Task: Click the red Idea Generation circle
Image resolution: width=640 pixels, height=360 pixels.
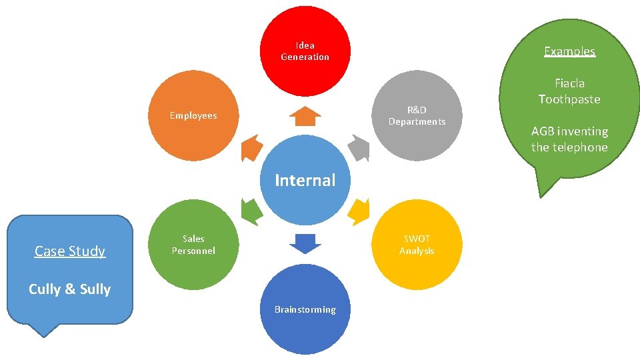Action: (305, 51)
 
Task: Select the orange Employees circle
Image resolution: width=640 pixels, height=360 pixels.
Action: (193, 115)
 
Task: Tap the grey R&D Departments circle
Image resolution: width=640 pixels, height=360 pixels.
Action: (417, 115)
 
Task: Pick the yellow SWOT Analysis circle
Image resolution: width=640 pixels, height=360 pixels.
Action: (417, 245)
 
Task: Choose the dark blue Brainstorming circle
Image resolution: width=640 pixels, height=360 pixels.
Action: (305, 309)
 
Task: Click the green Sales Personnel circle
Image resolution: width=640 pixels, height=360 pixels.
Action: (193, 245)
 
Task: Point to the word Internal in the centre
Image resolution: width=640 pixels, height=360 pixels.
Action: (305, 180)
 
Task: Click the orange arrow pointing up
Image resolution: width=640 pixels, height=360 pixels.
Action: (305, 116)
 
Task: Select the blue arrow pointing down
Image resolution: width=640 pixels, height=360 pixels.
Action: (305, 244)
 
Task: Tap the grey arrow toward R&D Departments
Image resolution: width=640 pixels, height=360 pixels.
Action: (359, 148)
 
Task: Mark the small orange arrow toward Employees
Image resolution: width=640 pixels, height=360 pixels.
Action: (251, 148)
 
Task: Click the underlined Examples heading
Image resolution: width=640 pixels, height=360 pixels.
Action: (569, 51)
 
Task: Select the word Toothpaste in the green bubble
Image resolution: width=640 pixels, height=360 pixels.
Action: (569, 99)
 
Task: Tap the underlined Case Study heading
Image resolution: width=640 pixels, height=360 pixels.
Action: (70, 251)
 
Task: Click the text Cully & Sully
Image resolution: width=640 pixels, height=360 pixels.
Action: (70, 289)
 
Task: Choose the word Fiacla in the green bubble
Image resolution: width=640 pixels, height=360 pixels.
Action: (569, 83)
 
